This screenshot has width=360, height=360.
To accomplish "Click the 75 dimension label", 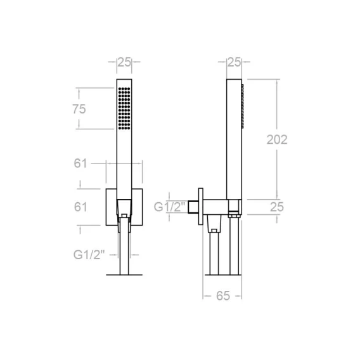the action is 79,109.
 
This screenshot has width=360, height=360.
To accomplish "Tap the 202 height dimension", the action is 277,139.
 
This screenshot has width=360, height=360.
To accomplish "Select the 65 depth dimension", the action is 223,296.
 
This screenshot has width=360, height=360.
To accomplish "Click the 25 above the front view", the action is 124,62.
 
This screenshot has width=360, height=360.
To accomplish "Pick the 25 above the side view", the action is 234,62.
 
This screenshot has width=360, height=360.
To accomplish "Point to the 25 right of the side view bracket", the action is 277,207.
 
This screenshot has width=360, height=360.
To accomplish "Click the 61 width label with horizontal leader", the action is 80,164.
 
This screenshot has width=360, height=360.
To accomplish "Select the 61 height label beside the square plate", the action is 80,207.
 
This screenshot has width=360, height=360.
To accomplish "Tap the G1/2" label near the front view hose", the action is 89,255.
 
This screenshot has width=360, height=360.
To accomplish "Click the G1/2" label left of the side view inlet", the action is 169,207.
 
